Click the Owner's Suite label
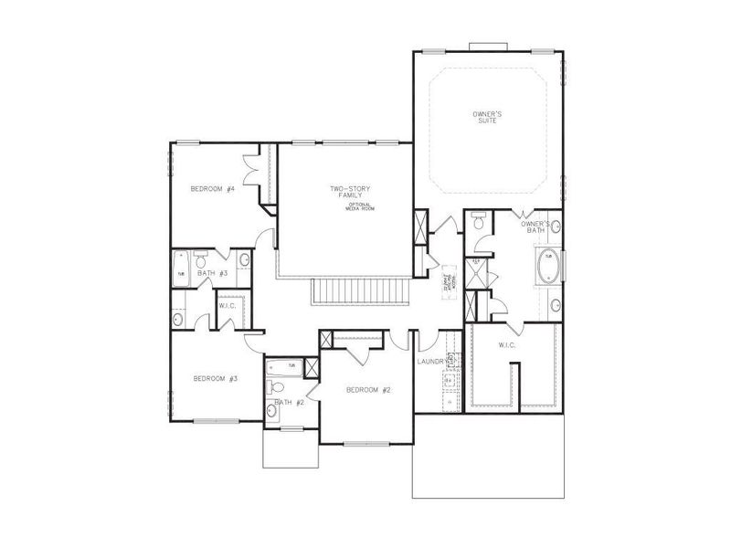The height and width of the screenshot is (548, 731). (x=486, y=117)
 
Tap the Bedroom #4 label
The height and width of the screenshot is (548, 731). (x=213, y=189)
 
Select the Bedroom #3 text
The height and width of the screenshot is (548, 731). (x=215, y=378)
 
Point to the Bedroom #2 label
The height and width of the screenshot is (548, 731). (x=368, y=390)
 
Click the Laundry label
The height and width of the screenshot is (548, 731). (x=430, y=362)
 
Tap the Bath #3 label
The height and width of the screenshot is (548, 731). (x=213, y=273)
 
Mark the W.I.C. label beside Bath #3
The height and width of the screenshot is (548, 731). (x=227, y=305)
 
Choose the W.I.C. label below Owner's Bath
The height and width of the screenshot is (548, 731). (x=508, y=345)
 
